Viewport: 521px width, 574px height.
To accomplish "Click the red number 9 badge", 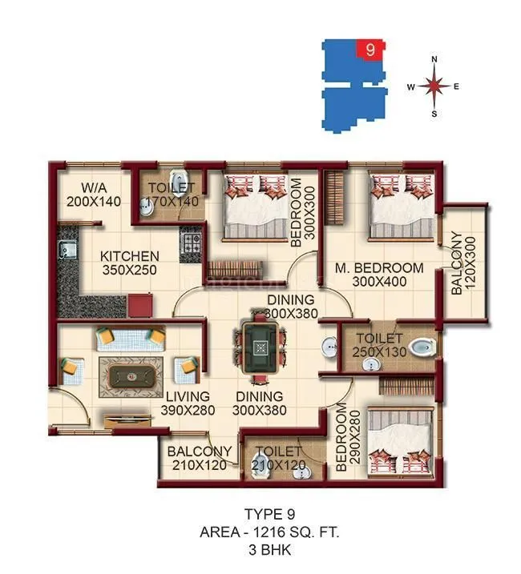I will [x=370, y=49].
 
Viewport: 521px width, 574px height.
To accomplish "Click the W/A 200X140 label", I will [x=94, y=195].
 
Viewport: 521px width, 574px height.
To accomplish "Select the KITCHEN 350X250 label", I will [x=130, y=263].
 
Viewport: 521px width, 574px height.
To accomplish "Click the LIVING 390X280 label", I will [x=187, y=403].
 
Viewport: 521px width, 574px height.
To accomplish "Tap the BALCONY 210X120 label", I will [x=200, y=458].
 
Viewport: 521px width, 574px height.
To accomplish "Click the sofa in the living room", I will [x=130, y=339].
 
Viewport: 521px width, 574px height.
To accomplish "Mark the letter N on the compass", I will [x=434, y=59].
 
